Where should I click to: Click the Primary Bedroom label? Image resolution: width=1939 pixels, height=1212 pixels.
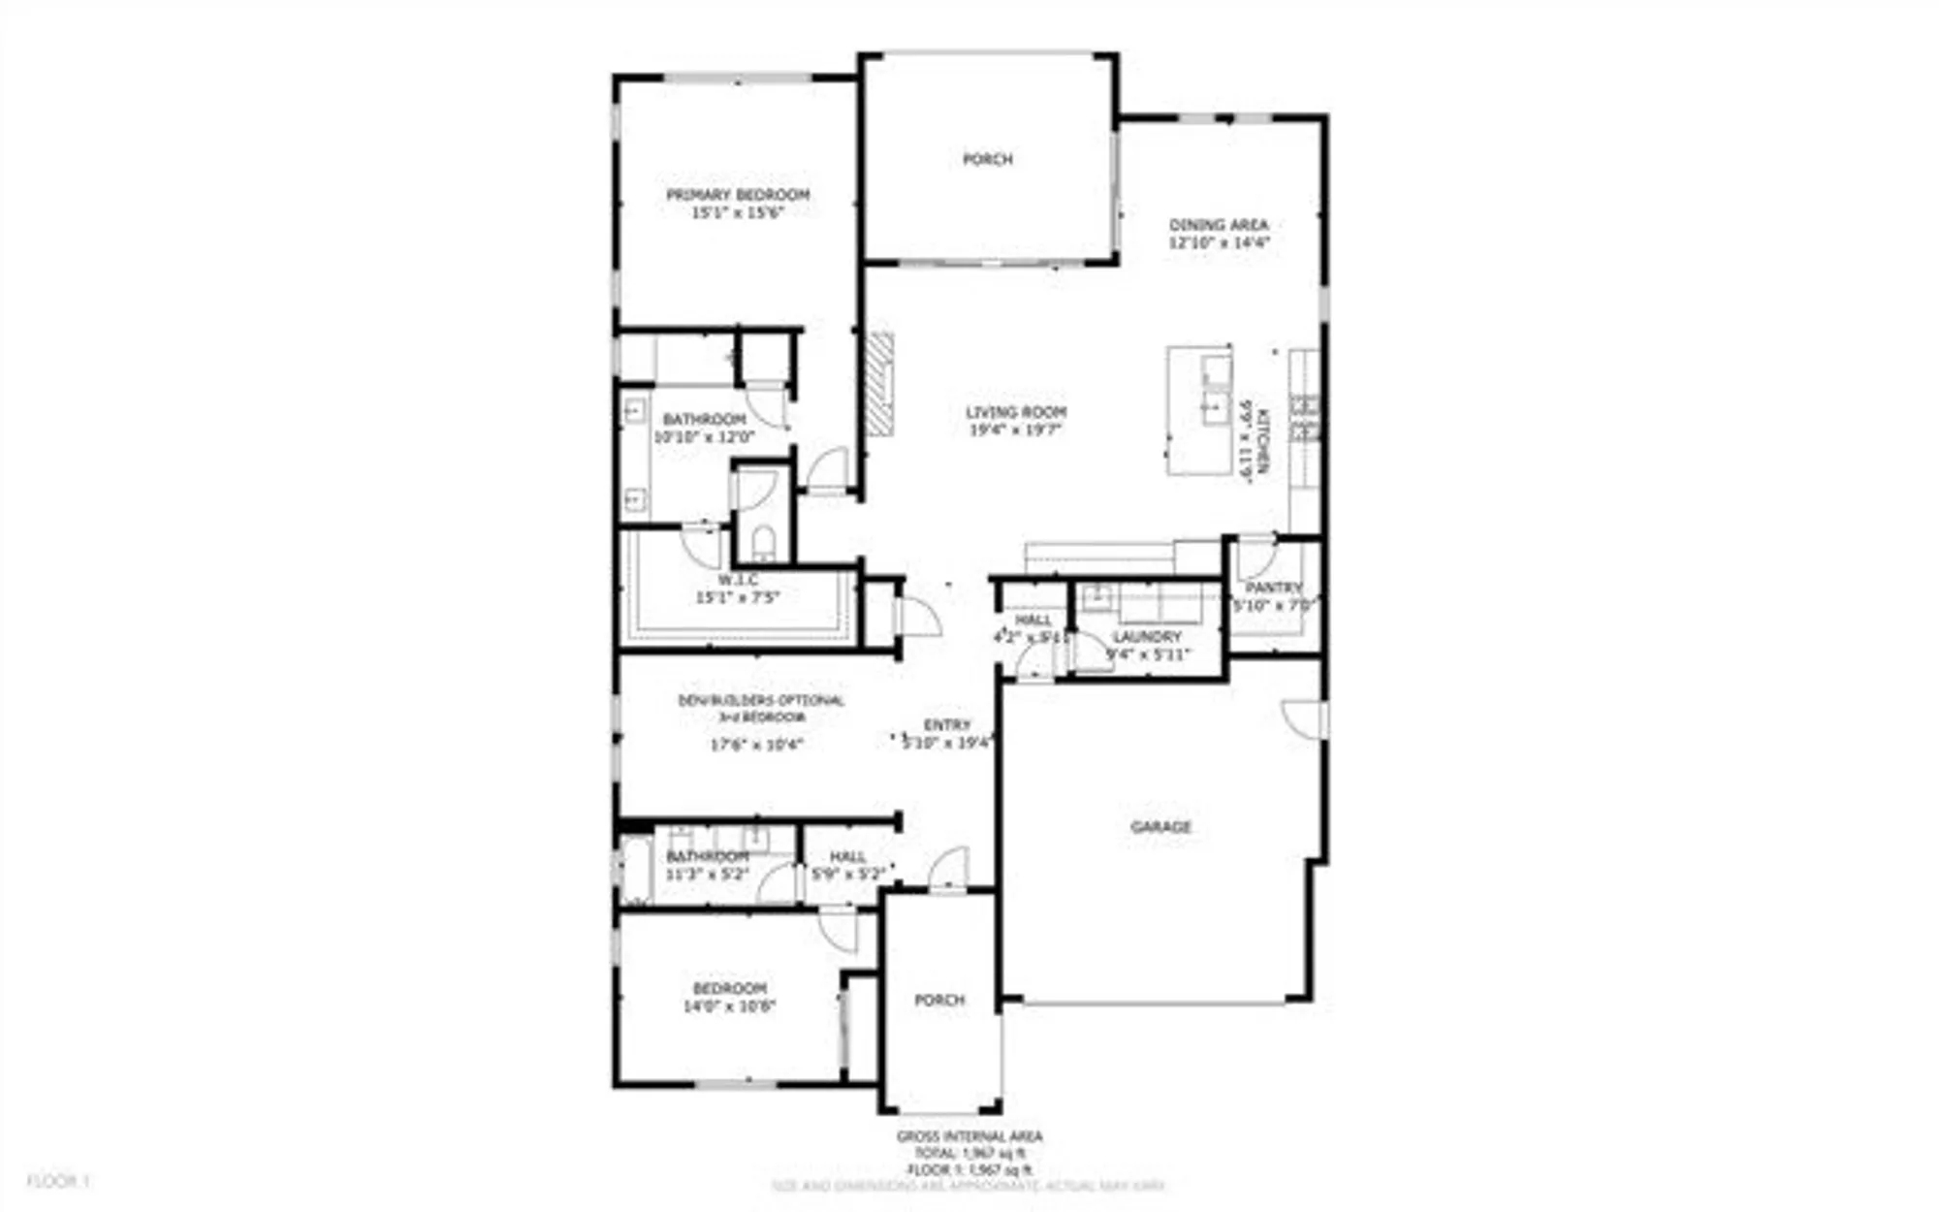[737, 195]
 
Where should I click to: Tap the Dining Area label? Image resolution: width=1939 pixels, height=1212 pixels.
[1219, 225]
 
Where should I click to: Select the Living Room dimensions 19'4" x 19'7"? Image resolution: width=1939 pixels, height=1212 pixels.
[1016, 430]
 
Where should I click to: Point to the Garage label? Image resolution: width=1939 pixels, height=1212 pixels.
[1160, 827]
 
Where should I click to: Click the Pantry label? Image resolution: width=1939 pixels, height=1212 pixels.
[1273, 588]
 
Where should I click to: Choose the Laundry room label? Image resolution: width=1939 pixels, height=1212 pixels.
[1147, 637]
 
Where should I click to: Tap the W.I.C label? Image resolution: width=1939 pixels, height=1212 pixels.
[738, 580]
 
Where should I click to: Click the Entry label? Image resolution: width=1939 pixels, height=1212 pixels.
[947, 725]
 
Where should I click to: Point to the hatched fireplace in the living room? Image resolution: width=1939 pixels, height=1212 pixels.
[879, 384]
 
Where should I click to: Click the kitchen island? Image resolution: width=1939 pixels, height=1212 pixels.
[1200, 409]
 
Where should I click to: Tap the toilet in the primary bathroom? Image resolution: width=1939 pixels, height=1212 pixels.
[764, 542]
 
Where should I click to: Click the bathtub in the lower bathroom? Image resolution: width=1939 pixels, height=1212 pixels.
[636, 870]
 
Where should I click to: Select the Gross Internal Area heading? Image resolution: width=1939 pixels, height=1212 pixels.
[969, 1136]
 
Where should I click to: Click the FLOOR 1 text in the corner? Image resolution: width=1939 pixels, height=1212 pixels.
[57, 1181]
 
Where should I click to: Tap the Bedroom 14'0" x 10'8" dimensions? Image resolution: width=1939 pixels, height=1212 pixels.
[729, 1006]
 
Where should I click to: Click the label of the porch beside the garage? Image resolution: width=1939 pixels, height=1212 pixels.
[939, 1000]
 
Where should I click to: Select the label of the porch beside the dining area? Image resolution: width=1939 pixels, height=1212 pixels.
[987, 159]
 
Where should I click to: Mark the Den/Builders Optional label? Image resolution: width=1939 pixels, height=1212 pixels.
[761, 700]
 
